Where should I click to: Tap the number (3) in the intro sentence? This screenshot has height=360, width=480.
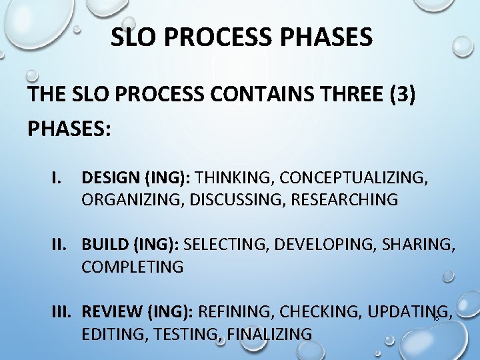click(x=399, y=94)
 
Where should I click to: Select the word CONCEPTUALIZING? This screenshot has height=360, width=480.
click(x=354, y=179)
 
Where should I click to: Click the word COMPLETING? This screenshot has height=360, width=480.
click(x=132, y=267)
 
